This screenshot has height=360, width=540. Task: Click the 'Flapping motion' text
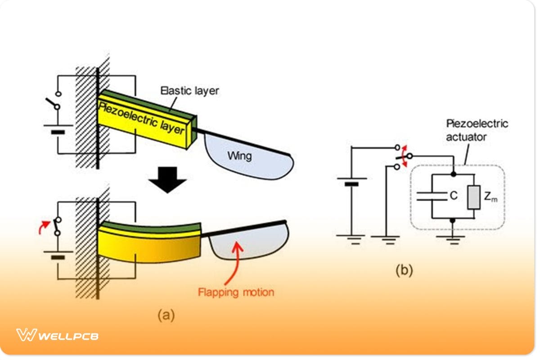[x=236, y=292]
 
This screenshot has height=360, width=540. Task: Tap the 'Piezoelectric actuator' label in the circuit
[x=476, y=130]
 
